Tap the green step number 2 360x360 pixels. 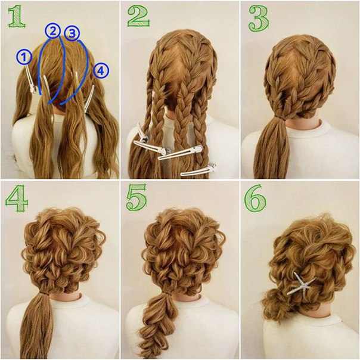click(x=138, y=15)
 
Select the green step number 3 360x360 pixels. click(x=259, y=18)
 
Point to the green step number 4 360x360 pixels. click(x=17, y=198)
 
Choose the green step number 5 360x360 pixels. click(x=136, y=197)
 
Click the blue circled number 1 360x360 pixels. click(x=24, y=57)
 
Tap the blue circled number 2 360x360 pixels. click(x=53, y=31)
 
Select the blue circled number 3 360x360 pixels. click(x=72, y=33)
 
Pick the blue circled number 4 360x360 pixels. click(x=101, y=71)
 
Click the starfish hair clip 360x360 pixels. click(x=301, y=283)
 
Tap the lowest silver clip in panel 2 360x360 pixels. click(x=198, y=170)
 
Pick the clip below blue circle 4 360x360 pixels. click(x=89, y=98)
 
